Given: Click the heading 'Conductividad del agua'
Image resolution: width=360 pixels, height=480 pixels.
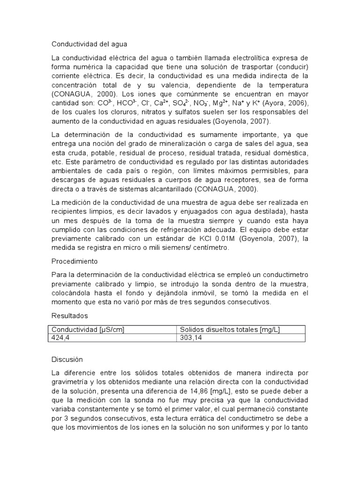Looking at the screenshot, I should pos(89,44).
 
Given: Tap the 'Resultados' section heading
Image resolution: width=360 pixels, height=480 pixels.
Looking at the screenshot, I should pos(69,315).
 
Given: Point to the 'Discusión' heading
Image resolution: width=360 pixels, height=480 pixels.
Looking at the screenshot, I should pos(67,360).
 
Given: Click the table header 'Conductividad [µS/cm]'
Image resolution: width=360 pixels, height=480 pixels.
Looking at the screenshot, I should pos(88,330).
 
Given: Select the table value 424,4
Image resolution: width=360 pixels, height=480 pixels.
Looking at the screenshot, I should pos(61,337).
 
